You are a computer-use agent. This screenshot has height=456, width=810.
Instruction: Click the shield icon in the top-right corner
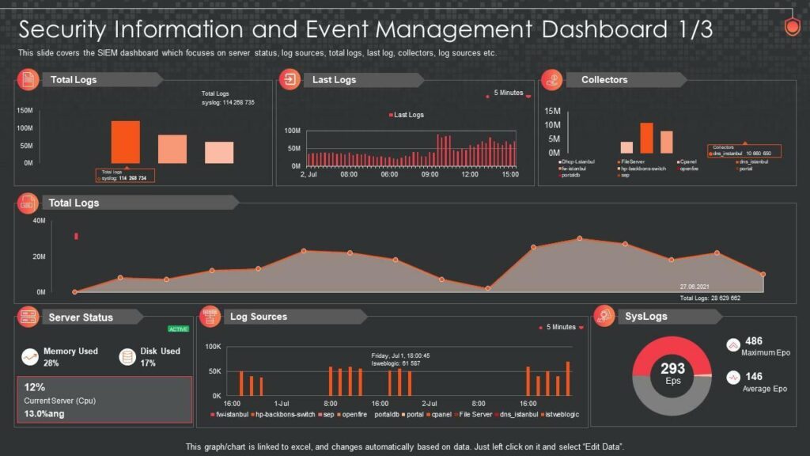pyautogui.click(x=791, y=28)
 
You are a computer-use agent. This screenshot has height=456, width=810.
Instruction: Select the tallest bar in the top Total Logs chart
pyautogui.click(x=125, y=142)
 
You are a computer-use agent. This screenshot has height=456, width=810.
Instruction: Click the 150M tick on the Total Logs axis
pyautogui.click(x=25, y=110)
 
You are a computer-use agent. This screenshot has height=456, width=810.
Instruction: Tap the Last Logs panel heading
pyautogui.click(x=334, y=80)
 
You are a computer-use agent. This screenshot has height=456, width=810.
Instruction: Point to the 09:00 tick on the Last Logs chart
pyautogui.click(x=430, y=174)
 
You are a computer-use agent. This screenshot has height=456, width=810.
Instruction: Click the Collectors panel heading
pyautogui.click(x=604, y=80)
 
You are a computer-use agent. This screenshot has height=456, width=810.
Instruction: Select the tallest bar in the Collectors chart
pyautogui.click(x=646, y=138)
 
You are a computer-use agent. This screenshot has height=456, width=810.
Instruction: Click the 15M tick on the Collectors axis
pyautogui.click(x=552, y=111)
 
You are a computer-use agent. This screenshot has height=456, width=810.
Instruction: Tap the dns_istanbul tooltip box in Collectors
pyautogui.click(x=744, y=150)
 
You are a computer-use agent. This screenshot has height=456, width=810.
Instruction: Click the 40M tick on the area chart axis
pyautogui.click(x=40, y=221)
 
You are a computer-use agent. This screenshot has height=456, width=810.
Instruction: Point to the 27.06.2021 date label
pyautogui.click(x=695, y=287)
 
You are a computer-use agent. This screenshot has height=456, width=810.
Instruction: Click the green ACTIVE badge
pyautogui.click(x=178, y=329)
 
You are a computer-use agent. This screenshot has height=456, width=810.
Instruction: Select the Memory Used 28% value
pyautogui.click(x=51, y=363)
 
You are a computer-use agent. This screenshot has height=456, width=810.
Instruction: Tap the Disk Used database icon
pyautogui.click(x=127, y=357)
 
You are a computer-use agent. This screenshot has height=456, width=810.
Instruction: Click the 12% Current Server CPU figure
pyautogui.click(x=35, y=388)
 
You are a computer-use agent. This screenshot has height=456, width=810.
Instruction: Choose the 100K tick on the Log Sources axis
pyautogui.click(x=212, y=347)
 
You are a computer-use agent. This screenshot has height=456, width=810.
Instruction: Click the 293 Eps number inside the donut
pyautogui.click(x=672, y=369)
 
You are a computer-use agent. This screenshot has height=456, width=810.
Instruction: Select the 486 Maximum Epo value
pyautogui.click(x=754, y=341)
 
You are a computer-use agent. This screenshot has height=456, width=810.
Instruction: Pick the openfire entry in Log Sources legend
pyautogui.click(x=351, y=414)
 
